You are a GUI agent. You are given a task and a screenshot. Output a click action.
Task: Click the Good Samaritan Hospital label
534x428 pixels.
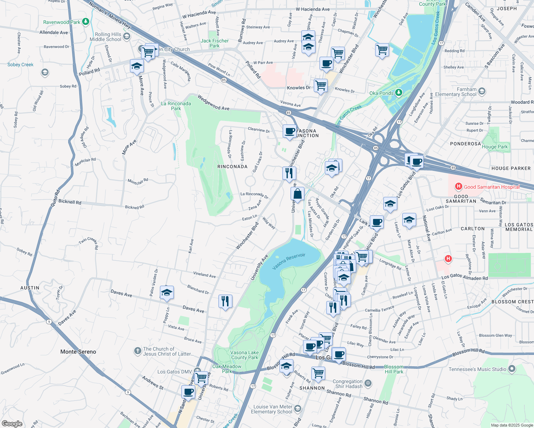492,187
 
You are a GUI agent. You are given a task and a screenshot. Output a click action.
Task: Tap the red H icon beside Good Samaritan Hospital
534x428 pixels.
458,187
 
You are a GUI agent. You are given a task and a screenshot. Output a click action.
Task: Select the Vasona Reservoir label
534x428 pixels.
289,261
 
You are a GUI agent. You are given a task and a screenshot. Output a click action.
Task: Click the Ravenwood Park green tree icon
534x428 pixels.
85,22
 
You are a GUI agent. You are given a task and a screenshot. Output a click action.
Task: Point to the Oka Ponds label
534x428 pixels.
381,93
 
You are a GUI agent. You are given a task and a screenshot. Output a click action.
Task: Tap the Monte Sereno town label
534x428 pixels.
78,352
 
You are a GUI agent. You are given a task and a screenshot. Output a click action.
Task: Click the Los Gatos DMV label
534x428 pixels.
175,372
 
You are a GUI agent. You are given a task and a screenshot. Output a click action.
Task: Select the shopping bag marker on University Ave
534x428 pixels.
297,194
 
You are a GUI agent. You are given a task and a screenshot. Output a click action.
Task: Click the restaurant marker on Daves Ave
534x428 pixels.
225,301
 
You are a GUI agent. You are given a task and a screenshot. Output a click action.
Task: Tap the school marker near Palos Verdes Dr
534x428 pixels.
167,292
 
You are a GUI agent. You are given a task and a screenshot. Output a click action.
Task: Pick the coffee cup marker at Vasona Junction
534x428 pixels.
289,131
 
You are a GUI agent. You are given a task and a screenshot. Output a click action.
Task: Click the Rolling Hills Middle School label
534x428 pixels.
106,37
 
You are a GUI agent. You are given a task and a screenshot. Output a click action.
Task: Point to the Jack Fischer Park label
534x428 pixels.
215,43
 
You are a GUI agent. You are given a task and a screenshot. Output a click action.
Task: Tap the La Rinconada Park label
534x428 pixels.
176,106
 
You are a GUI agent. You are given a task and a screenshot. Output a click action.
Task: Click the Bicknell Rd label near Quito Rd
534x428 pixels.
70,202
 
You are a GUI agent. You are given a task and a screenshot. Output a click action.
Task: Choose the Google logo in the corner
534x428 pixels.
12,423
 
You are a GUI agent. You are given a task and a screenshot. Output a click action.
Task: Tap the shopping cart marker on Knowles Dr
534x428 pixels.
321,86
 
